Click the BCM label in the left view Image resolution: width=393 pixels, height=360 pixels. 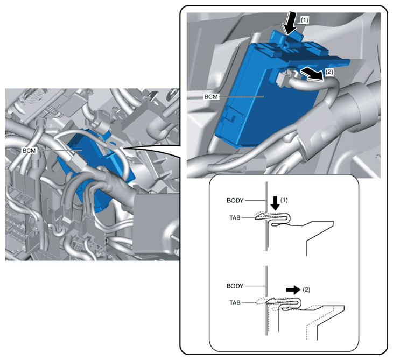point(29,151)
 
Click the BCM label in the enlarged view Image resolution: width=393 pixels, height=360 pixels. point(211,97)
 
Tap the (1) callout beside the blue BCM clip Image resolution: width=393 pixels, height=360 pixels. point(305,20)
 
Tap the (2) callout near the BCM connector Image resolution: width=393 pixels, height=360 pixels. point(329,72)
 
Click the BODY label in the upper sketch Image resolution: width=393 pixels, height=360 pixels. point(235,200)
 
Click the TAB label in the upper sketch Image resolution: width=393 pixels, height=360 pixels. point(235,218)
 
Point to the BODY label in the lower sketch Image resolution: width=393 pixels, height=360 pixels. point(235,286)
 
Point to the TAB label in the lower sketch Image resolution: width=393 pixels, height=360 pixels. point(235,303)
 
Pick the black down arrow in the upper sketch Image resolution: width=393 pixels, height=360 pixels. point(276,203)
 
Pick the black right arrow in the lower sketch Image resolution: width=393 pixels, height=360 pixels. point(293,290)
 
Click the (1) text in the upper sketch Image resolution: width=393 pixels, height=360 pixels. point(284,200)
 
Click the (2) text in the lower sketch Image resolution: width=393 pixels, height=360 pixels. point(306,290)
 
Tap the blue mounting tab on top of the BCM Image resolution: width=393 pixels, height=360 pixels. point(286,38)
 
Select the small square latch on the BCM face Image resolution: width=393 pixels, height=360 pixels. point(234,116)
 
